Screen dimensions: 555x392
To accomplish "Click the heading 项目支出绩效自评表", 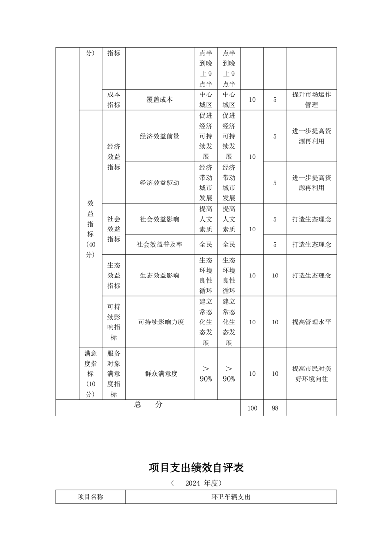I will click(x=196, y=467).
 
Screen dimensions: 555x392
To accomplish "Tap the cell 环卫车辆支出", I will click(x=231, y=497).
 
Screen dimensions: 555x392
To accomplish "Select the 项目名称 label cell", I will click(x=90, y=497).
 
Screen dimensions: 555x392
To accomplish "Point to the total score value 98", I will click(x=275, y=408).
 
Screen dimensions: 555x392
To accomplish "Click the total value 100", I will click(x=252, y=408).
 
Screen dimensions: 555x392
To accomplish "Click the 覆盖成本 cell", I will click(x=160, y=99).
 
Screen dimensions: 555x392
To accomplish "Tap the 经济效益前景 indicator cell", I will click(x=160, y=136).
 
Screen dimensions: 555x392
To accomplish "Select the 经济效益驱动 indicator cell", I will click(x=160, y=183).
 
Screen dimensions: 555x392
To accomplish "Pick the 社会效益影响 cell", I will click(x=160, y=219).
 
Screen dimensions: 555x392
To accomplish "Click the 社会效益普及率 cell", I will click(x=160, y=244).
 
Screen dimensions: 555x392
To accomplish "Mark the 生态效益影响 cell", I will click(x=160, y=276).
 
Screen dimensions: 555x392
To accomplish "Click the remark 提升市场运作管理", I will click(x=311, y=99).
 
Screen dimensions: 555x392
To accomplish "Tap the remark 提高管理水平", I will click(x=311, y=322).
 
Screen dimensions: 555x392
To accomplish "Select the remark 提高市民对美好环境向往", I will click(x=311, y=374).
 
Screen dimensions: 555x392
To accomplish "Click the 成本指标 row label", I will click(x=114, y=99).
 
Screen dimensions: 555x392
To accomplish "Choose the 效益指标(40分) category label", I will click(x=90, y=229).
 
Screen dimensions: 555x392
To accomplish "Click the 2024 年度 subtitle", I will click(x=196, y=482).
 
